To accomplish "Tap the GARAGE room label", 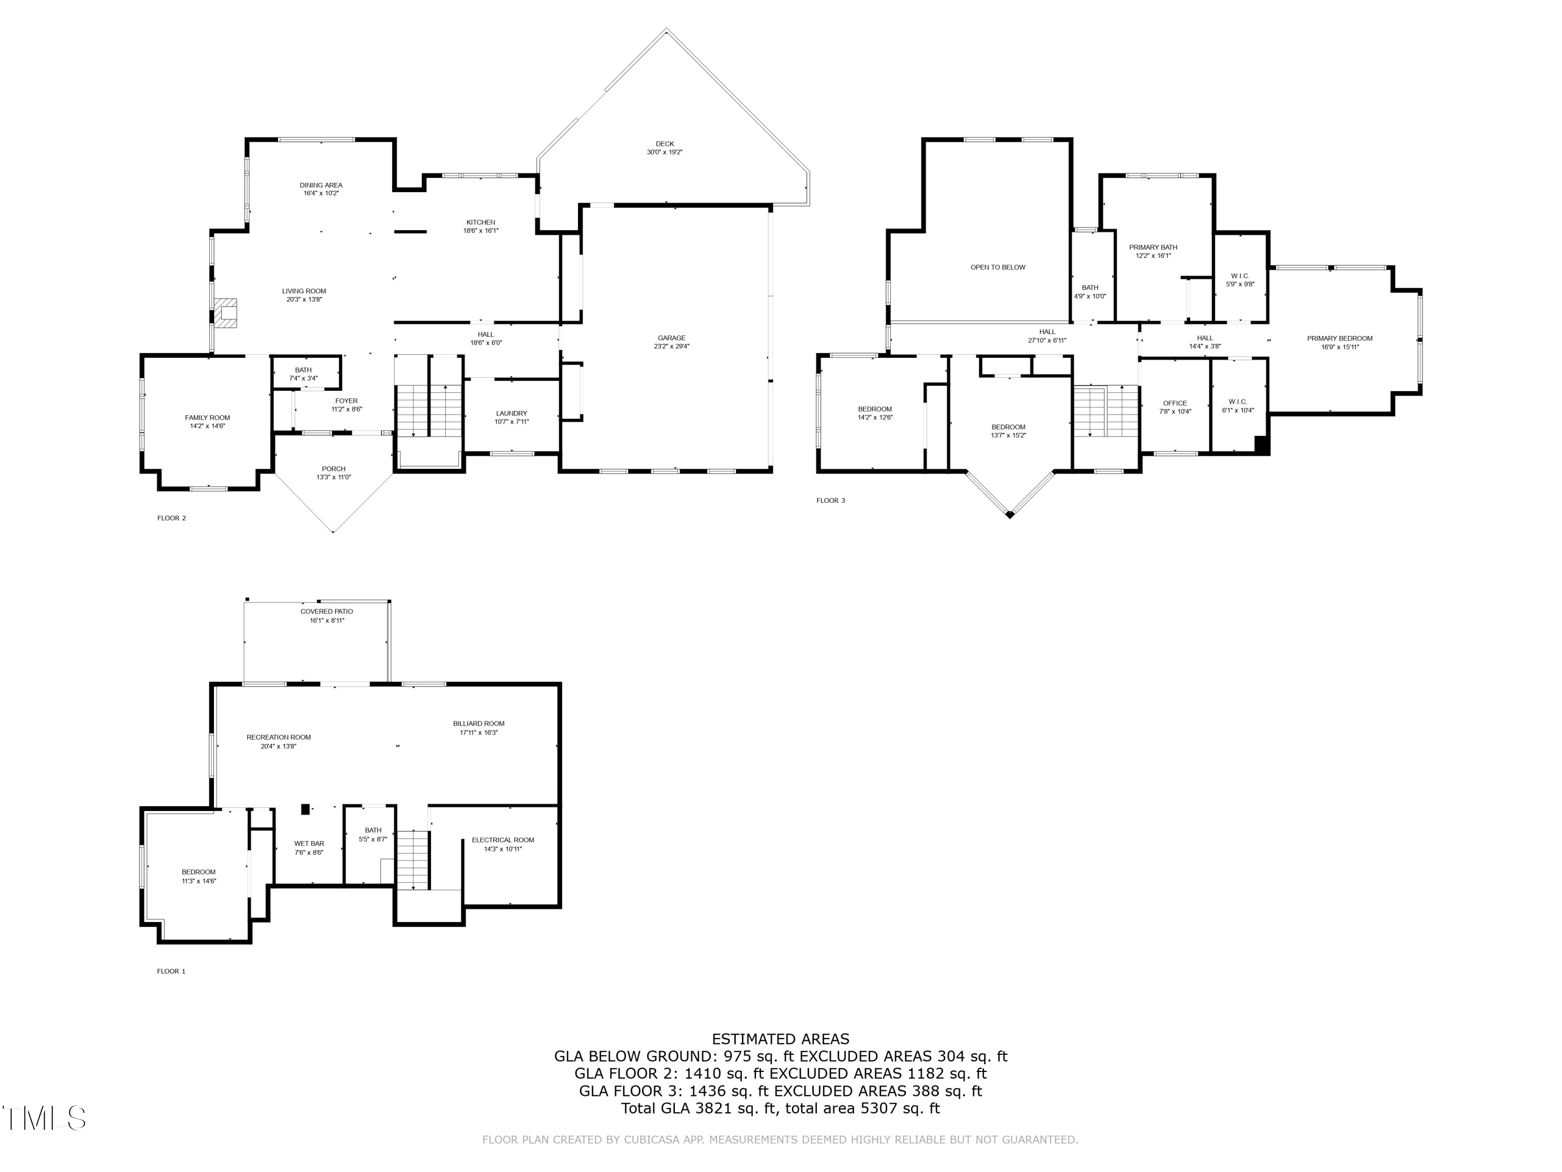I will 672,338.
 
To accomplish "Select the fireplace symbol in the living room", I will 226,314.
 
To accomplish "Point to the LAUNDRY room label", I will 511,413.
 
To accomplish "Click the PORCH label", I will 333,468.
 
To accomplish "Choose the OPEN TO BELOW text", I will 997,267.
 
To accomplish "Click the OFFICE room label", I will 1175,403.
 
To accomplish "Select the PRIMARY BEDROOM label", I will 1340,339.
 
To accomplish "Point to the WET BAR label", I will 309,843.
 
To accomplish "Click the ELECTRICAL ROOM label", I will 503,840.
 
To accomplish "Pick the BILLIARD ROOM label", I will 479,724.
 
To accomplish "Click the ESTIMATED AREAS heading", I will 780,1039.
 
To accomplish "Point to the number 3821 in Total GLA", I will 715,1108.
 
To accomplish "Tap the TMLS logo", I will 44,1118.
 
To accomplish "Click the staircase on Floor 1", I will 412,859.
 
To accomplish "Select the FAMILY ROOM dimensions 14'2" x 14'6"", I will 208,426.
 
